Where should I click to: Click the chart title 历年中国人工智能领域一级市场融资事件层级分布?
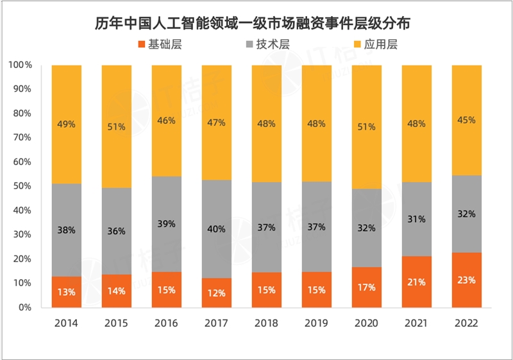click(256, 24)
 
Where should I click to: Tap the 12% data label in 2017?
click(216, 293)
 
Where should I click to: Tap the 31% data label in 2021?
click(416, 219)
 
